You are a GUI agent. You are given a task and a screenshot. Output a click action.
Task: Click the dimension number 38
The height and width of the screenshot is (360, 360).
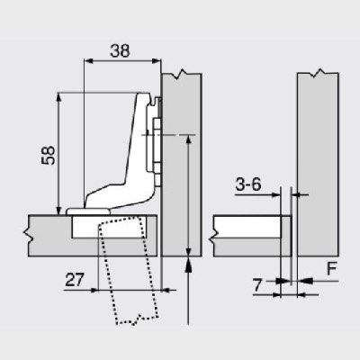117,51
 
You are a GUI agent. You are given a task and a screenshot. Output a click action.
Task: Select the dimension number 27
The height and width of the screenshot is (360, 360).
76,281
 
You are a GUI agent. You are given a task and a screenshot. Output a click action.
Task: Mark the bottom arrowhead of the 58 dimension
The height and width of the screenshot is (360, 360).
59,206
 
